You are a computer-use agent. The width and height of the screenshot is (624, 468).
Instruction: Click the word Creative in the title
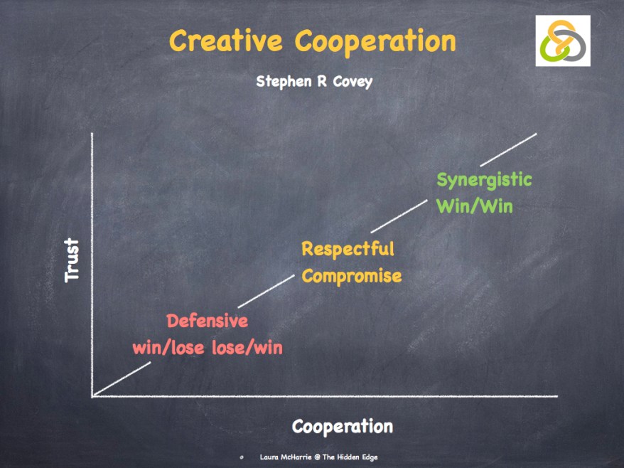pyautogui.click(x=225, y=41)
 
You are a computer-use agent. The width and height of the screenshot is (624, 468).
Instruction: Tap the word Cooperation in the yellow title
pyautogui.click(x=375, y=41)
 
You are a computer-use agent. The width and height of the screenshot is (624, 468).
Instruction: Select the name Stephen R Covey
pyautogui.click(x=314, y=82)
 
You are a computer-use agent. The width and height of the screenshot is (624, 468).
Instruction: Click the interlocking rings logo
pyautogui.click(x=563, y=41)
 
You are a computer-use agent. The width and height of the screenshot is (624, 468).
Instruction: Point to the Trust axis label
pyautogui.click(x=72, y=260)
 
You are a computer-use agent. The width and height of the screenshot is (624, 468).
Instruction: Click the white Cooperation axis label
pyautogui.click(x=343, y=427)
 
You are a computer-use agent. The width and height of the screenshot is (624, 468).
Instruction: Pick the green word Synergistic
pyautogui.click(x=484, y=180)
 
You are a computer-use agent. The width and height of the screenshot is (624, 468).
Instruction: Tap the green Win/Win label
pyautogui.click(x=475, y=206)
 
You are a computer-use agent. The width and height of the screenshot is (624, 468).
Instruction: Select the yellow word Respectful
pyautogui.click(x=348, y=250)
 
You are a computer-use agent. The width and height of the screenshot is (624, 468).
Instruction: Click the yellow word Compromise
pyautogui.click(x=352, y=276)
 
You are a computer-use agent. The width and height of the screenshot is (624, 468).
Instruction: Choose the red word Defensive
pyautogui.click(x=208, y=321)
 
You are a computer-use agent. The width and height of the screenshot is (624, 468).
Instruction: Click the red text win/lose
pyautogui.click(x=168, y=348)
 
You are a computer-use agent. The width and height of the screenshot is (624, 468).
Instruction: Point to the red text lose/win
pyautogui.click(x=247, y=348)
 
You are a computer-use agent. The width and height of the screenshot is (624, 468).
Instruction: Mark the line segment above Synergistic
pyautogui.click(x=509, y=150)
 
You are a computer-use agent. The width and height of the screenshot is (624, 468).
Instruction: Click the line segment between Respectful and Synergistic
pyautogui.click(x=399, y=216)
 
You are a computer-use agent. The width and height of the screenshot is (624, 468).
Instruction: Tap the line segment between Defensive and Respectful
pyautogui.click(x=267, y=291)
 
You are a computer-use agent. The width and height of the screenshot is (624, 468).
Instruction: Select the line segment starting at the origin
pyautogui.click(x=122, y=379)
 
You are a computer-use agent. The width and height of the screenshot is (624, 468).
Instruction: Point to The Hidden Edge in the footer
pyautogui.click(x=350, y=457)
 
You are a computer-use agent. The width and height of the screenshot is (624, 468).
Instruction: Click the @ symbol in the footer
pyautogui.click(x=317, y=457)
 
